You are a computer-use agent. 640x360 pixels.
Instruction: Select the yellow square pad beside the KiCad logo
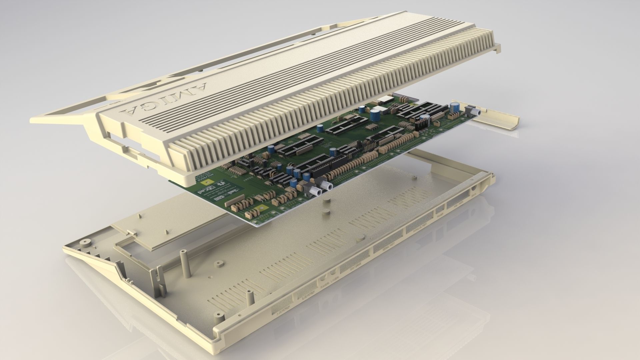pyautogui.click(x=207, y=182)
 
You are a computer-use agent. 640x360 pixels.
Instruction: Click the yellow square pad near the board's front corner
pyautogui.click(x=258, y=210)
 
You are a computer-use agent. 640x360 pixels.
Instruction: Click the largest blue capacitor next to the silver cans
pyautogui.click(x=375, y=114)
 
